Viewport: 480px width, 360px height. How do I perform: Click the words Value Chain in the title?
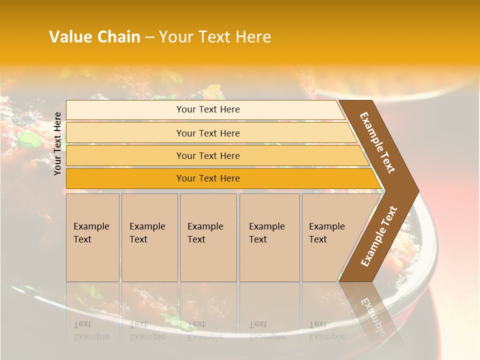pos(94,37)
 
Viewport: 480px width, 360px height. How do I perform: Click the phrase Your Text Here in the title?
pos(215,37)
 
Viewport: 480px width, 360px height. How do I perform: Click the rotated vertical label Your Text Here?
pos(57,143)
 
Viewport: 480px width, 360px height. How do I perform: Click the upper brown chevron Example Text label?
pos(377,142)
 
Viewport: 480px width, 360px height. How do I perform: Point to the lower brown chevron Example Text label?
pos(378,236)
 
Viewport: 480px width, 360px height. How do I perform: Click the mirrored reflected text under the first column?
pos(91,330)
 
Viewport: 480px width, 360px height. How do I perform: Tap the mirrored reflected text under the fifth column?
pos(326,330)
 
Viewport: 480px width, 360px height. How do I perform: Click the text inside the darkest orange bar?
pos(208,178)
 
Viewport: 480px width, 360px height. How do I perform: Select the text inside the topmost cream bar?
pos(208,109)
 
